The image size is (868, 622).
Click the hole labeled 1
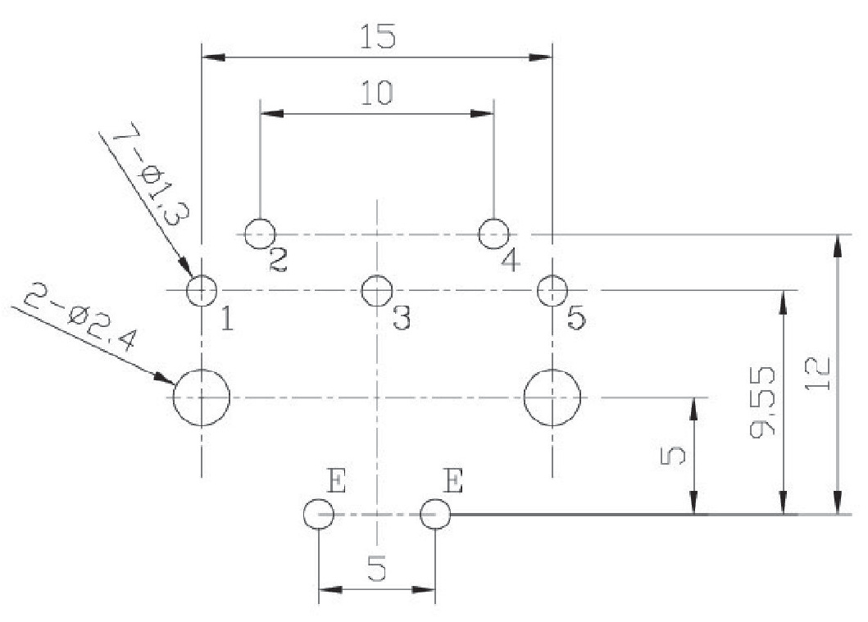pyautogui.click(x=202, y=290)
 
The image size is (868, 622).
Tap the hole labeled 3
pyautogui.click(x=376, y=289)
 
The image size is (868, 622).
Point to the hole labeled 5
pyautogui.click(x=552, y=289)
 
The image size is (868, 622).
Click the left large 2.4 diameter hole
pyautogui.click(x=202, y=397)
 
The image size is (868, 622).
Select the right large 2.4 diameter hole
pyautogui.click(x=552, y=397)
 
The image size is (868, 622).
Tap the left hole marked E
pyautogui.click(x=318, y=515)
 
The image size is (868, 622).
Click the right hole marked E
pyautogui.click(x=434, y=515)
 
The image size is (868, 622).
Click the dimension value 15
pyautogui.click(x=378, y=37)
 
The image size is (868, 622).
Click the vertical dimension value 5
pyautogui.click(x=674, y=455)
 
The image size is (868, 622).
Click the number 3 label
pyautogui.click(x=401, y=318)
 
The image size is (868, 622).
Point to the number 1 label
pyautogui.click(x=226, y=318)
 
